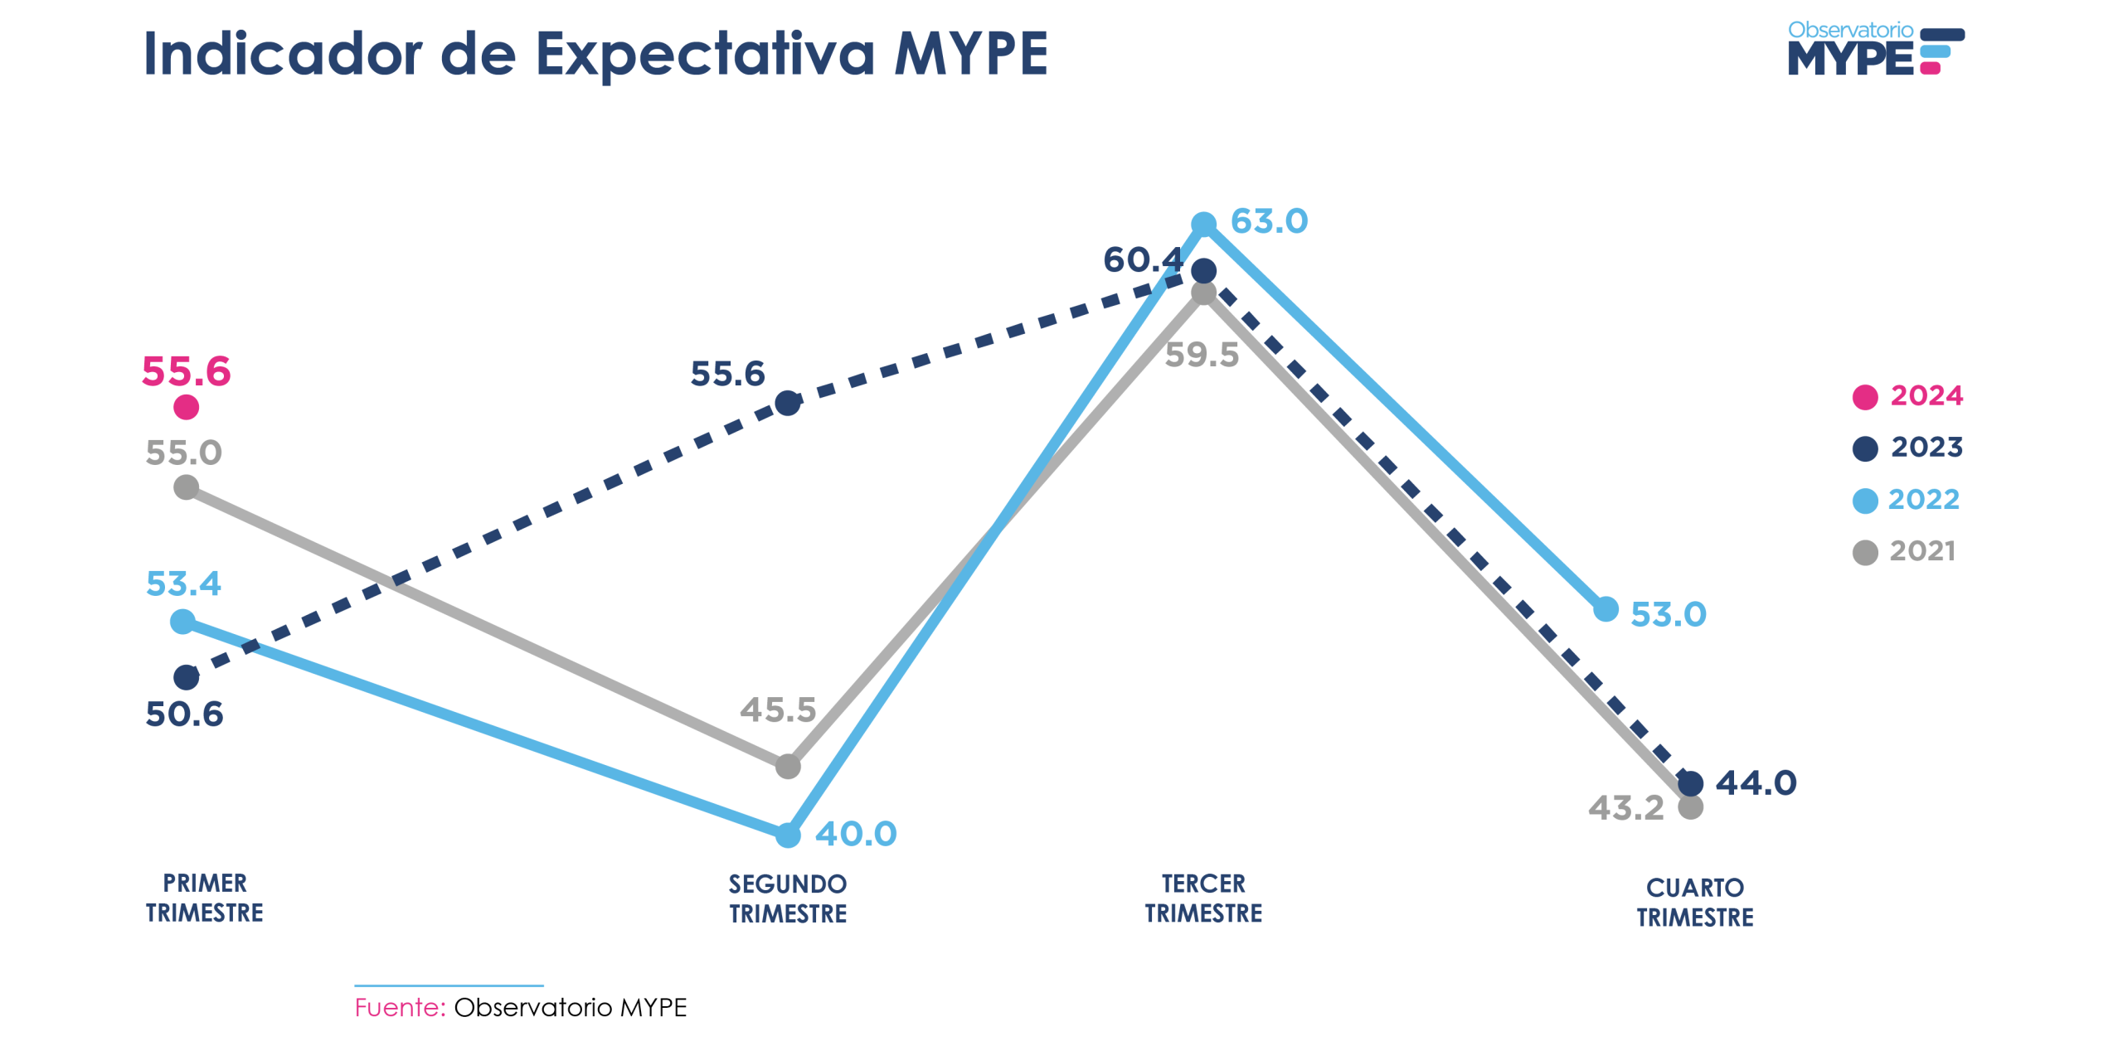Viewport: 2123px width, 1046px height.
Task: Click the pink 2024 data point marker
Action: click(x=186, y=407)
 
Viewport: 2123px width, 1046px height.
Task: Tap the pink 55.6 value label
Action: click(x=186, y=370)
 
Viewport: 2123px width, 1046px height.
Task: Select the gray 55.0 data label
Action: click(x=184, y=453)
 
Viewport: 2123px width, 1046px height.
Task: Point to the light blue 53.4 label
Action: click(x=183, y=584)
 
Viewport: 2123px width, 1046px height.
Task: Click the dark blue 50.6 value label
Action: click(x=184, y=714)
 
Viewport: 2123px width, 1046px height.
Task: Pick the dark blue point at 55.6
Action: click(x=787, y=404)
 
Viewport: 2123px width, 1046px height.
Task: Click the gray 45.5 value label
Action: click(x=778, y=709)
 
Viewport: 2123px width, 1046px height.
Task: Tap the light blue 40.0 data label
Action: click(x=856, y=833)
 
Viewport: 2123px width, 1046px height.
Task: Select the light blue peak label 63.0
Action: click(x=1269, y=221)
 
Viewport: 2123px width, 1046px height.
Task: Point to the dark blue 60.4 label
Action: click(x=1142, y=259)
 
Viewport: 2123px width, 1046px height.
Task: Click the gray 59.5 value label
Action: click(x=1202, y=355)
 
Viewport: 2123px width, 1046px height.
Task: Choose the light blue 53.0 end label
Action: click(x=1668, y=614)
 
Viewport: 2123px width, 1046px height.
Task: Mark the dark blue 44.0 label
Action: click(x=1756, y=782)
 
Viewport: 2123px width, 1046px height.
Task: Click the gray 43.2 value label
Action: click(x=1625, y=807)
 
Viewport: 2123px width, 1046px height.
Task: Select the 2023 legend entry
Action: click(x=1907, y=448)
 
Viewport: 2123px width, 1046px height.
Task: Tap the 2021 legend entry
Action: click(x=1904, y=551)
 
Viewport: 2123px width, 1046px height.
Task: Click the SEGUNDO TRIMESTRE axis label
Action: click(x=788, y=898)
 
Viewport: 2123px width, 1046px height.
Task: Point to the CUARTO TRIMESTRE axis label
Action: click(x=1694, y=902)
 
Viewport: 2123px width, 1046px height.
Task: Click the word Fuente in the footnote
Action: click(x=400, y=1007)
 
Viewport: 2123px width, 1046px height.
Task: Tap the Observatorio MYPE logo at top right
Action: click(x=1874, y=49)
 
